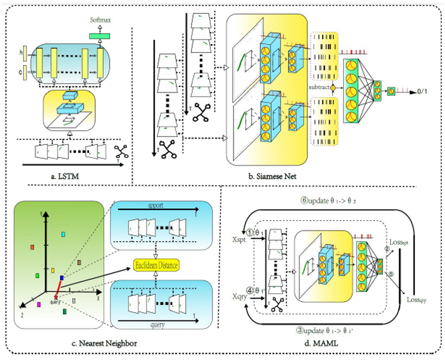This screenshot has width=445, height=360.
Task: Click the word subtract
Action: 319,87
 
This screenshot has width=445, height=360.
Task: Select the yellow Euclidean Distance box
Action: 156,265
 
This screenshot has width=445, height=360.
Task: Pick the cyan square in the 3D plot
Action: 63,235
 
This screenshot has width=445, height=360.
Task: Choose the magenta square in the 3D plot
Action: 39,305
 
